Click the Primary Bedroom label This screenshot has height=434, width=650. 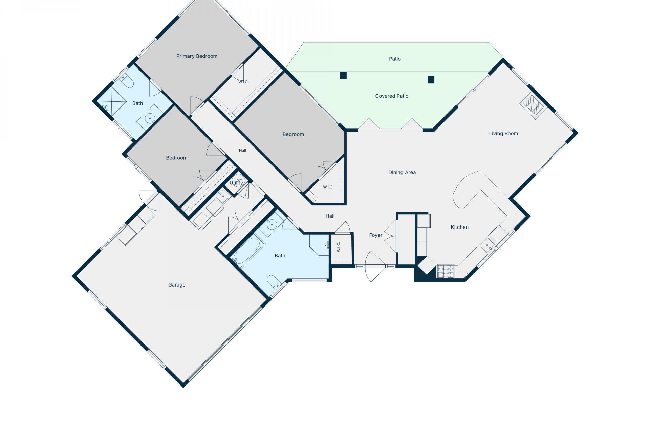point(197,56)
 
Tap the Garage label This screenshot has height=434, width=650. point(177,285)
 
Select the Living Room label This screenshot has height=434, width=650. point(503,134)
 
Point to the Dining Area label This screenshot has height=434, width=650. point(402,172)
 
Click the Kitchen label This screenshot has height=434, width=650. point(459,227)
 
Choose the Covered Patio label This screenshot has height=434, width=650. point(392,96)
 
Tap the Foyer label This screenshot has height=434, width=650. point(375,235)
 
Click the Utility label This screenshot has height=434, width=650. point(236,183)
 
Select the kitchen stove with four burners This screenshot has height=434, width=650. point(446,272)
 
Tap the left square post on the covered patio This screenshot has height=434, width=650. point(343,75)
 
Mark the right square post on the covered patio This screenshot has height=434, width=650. point(431,80)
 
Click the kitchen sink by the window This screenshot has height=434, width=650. point(487,245)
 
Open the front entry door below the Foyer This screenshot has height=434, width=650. point(375,267)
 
